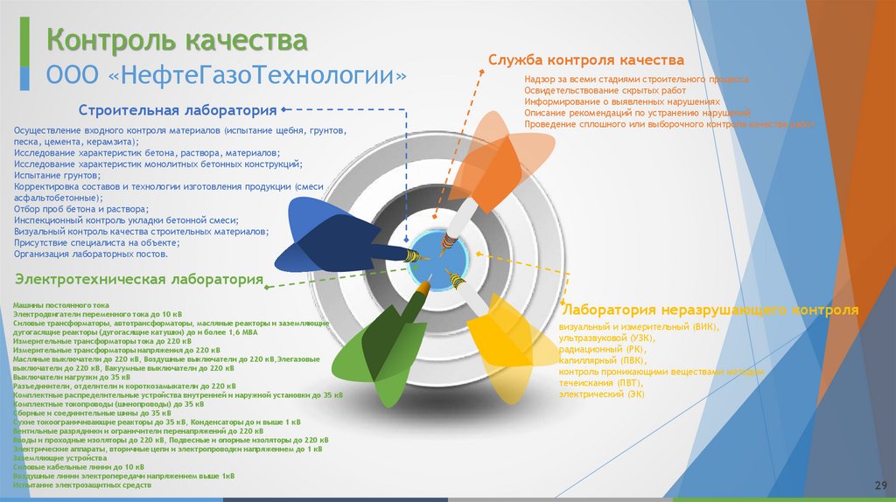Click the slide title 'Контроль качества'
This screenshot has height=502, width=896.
point(176,41)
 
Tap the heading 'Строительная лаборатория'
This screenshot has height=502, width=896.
point(178,111)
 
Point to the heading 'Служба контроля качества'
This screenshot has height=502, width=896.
point(585,60)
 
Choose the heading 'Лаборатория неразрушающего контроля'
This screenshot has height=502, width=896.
point(710,310)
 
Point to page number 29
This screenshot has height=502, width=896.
point(880,485)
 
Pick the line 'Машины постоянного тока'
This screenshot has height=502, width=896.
point(60,304)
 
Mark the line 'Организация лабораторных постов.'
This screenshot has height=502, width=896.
point(90,254)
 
